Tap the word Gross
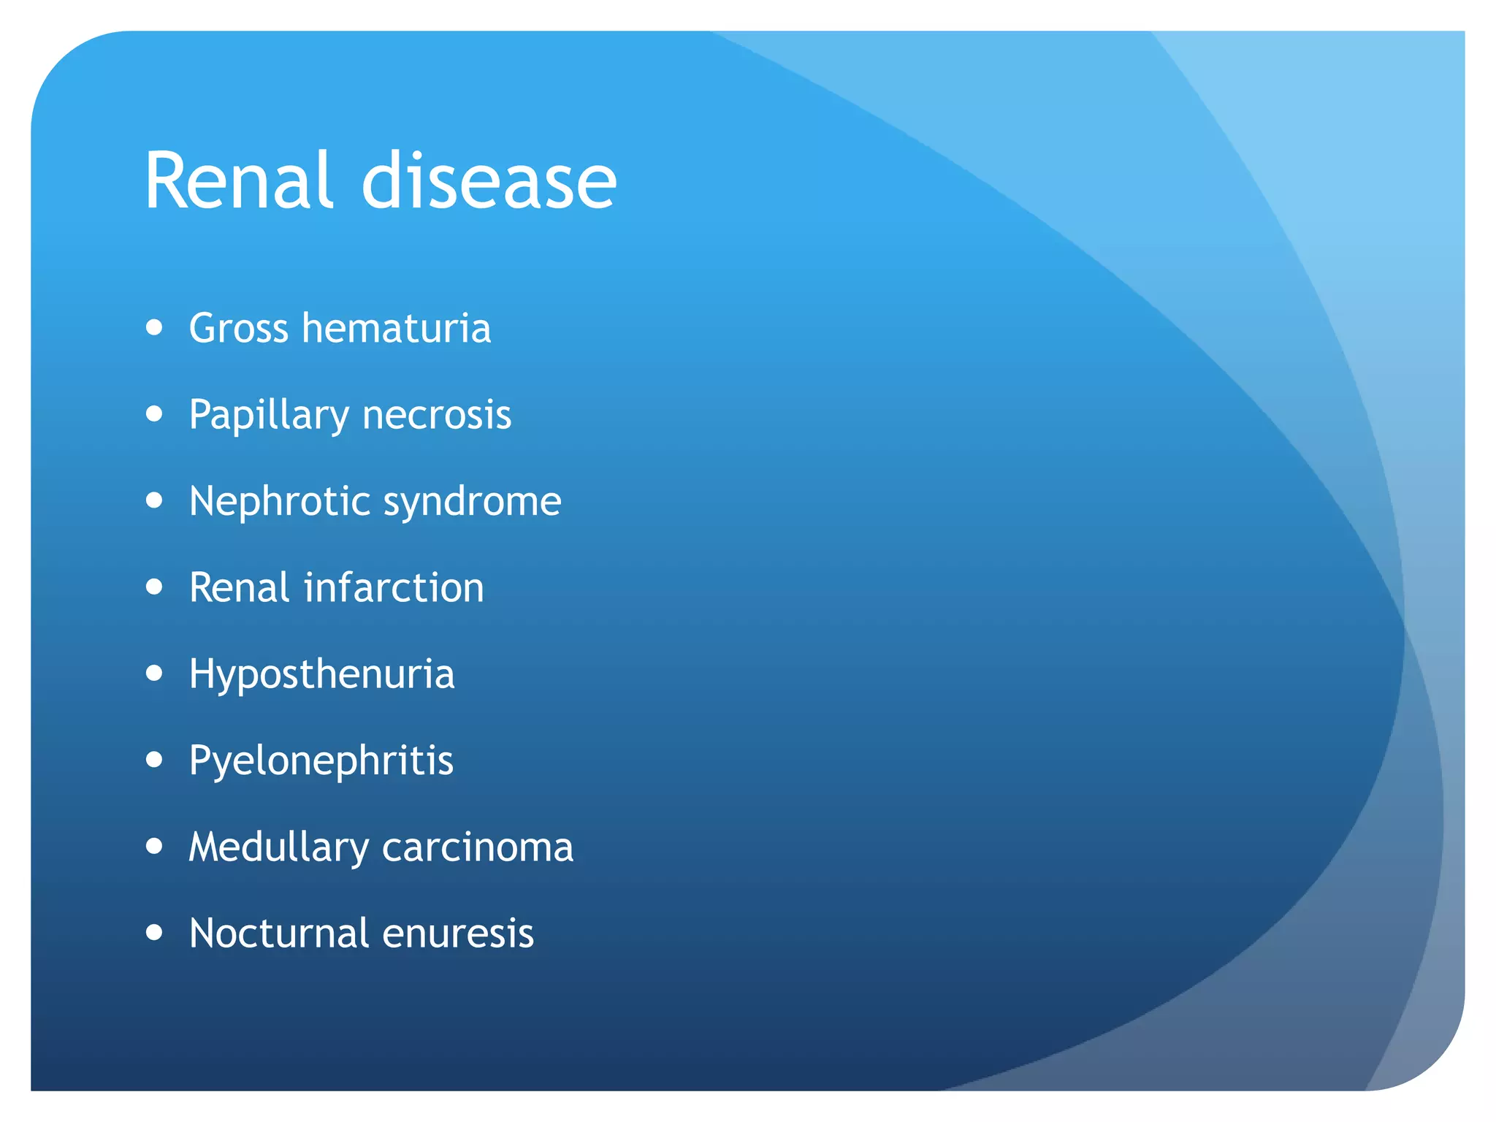pyautogui.click(x=238, y=328)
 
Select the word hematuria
pyautogui.click(x=396, y=328)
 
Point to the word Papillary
pyautogui.click(x=269, y=415)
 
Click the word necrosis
pyautogui.click(x=437, y=415)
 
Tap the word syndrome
pyautogui.click(x=472, y=503)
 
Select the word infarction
pyautogui.click(x=394, y=587)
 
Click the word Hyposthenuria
pyautogui.click(x=321, y=674)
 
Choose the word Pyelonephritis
pyautogui.click(x=321, y=761)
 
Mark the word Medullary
pyautogui.click(x=278, y=847)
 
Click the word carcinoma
pyautogui.click(x=477, y=847)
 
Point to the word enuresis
pyautogui.click(x=458, y=933)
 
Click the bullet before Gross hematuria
pyautogui.click(x=154, y=327)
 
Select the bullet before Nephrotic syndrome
pyautogui.click(x=154, y=500)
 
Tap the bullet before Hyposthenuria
pyautogui.click(x=154, y=673)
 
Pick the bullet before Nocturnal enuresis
pyautogui.click(x=154, y=932)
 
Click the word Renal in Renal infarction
pyautogui.click(x=239, y=587)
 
